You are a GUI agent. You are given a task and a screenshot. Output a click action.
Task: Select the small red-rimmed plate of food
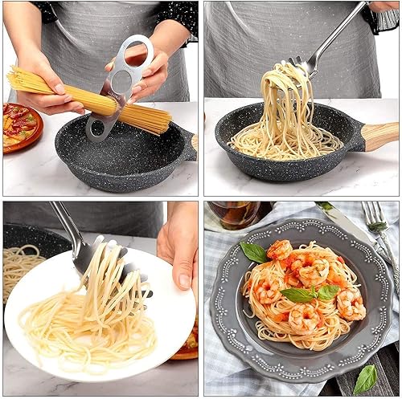coord(20,127)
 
